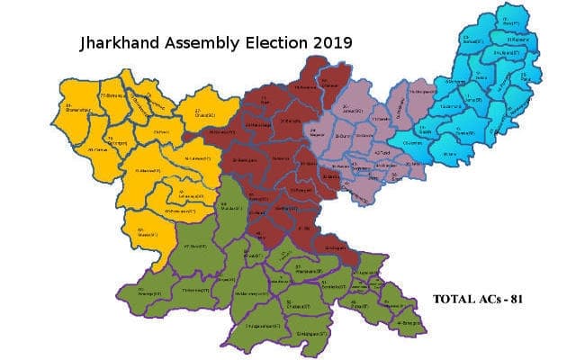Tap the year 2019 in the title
[x=330, y=41]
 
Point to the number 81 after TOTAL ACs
[x=517, y=299]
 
